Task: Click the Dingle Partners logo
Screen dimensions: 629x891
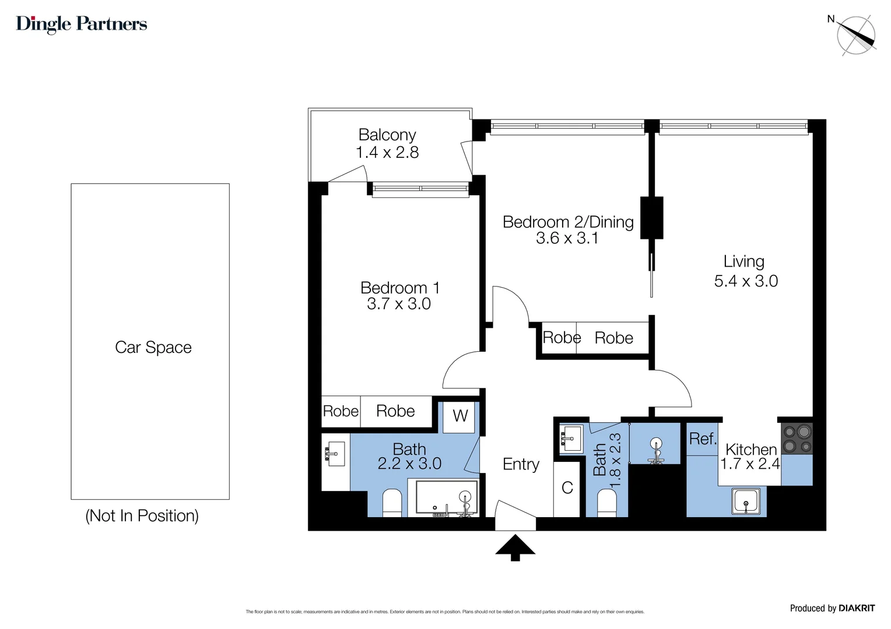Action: [81, 24]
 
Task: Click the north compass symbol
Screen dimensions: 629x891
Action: [855, 36]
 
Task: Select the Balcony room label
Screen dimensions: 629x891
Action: [387, 135]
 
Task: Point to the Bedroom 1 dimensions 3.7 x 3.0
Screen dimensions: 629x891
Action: [399, 304]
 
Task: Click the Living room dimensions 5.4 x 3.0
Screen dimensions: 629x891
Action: [746, 281]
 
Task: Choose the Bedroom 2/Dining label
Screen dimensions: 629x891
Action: [568, 222]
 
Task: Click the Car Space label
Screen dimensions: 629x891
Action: [153, 347]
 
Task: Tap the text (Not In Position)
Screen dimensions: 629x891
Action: [142, 516]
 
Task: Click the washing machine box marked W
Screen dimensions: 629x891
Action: [459, 416]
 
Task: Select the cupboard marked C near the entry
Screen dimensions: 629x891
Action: [567, 488]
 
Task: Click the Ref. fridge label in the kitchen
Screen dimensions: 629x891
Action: [702, 439]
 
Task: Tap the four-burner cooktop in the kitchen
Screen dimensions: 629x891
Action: [797, 439]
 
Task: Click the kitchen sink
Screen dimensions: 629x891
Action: [746, 501]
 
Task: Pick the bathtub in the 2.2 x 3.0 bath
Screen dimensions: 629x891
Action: [446, 498]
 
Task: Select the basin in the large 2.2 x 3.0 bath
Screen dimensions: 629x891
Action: [335, 454]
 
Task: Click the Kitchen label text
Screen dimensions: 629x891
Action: [751, 450]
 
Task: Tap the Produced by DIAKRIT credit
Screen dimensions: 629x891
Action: [832, 608]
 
